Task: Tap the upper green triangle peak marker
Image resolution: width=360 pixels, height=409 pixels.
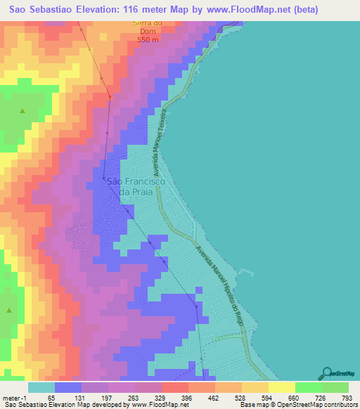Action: (x=22, y=112)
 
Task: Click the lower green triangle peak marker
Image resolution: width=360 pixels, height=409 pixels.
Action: (x=9, y=310)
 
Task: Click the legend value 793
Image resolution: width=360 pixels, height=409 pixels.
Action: (x=347, y=397)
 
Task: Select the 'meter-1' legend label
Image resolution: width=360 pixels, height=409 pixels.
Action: (x=14, y=397)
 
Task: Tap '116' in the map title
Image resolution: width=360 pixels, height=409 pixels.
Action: (x=133, y=10)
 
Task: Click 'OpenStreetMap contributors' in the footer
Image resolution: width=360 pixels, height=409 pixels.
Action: (x=316, y=405)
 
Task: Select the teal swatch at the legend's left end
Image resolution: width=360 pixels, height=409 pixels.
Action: (x=41, y=387)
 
